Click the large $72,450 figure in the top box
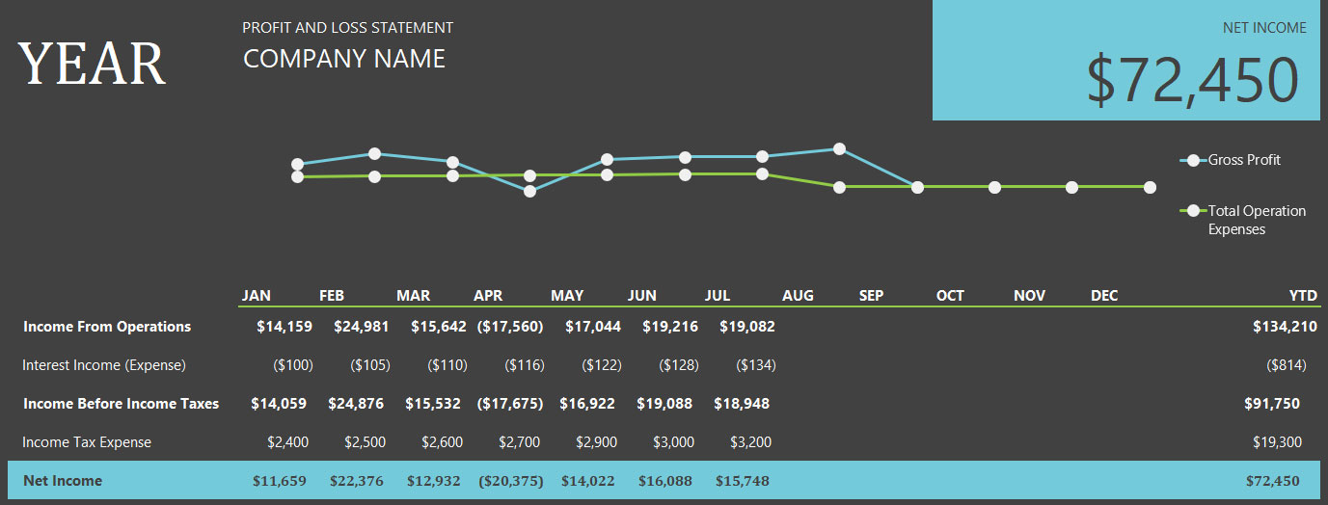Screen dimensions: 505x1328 click(1193, 80)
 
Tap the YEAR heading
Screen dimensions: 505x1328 click(92, 64)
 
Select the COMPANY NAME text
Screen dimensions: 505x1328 click(344, 59)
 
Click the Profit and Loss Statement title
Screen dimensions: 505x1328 click(347, 28)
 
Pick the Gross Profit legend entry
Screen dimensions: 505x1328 click(1244, 160)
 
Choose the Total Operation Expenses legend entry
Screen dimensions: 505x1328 click(1257, 220)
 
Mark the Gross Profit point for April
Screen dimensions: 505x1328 click(529, 191)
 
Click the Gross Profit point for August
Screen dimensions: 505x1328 click(839, 148)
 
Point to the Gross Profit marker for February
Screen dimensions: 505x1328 click(374, 153)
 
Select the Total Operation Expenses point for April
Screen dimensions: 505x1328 click(529, 175)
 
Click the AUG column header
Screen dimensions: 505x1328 click(798, 295)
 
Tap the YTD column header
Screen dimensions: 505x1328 click(1302, 295)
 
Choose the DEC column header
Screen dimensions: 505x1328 click(1104, 295)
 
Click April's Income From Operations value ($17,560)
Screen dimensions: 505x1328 click(510, 327)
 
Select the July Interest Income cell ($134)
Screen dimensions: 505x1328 click(755, 365)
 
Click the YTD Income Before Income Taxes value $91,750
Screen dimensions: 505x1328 click(1273, 404)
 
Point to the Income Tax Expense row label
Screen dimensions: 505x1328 click(87, 442)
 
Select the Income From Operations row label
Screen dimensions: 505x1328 click(107, 327)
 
